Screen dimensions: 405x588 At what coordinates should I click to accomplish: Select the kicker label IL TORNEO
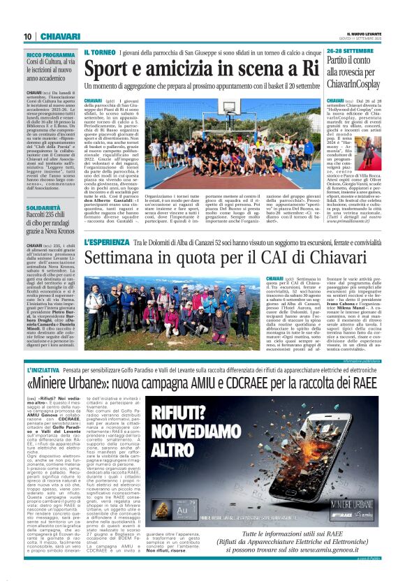point(100,54)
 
